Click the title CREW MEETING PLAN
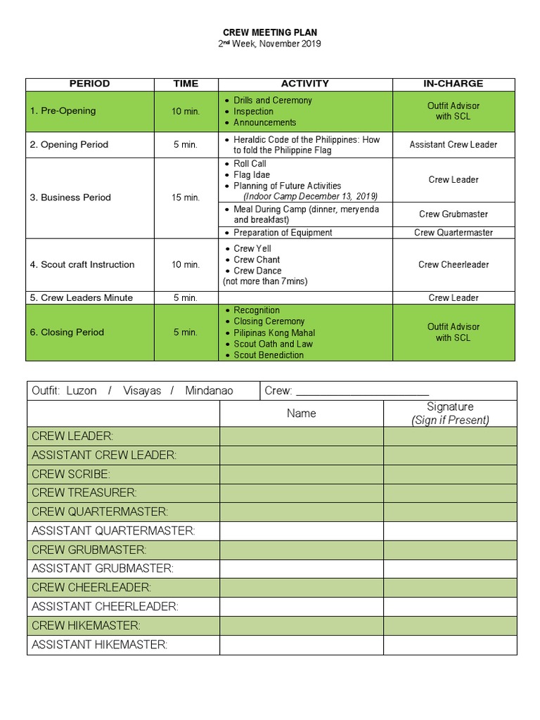(270, 32)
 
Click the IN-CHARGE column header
(453, 84)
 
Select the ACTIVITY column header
(304, 84)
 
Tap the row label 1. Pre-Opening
(63, 111)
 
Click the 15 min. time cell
(186, 198)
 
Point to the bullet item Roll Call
(250, 164)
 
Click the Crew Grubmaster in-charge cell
(453, 214)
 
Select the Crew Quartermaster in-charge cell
(453, 233)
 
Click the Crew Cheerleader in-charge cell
(453, 265)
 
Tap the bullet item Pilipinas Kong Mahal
(274, 333)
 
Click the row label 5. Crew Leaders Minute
(82, 298)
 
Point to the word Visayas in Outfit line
(142, 391)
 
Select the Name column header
(301, 413)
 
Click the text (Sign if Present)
(450, 420)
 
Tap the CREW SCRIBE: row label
(71, 475)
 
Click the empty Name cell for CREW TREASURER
(301, 494)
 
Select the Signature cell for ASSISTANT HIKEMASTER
(450, 645)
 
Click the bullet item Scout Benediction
(269, 356)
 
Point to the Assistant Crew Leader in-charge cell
(453, 145)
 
